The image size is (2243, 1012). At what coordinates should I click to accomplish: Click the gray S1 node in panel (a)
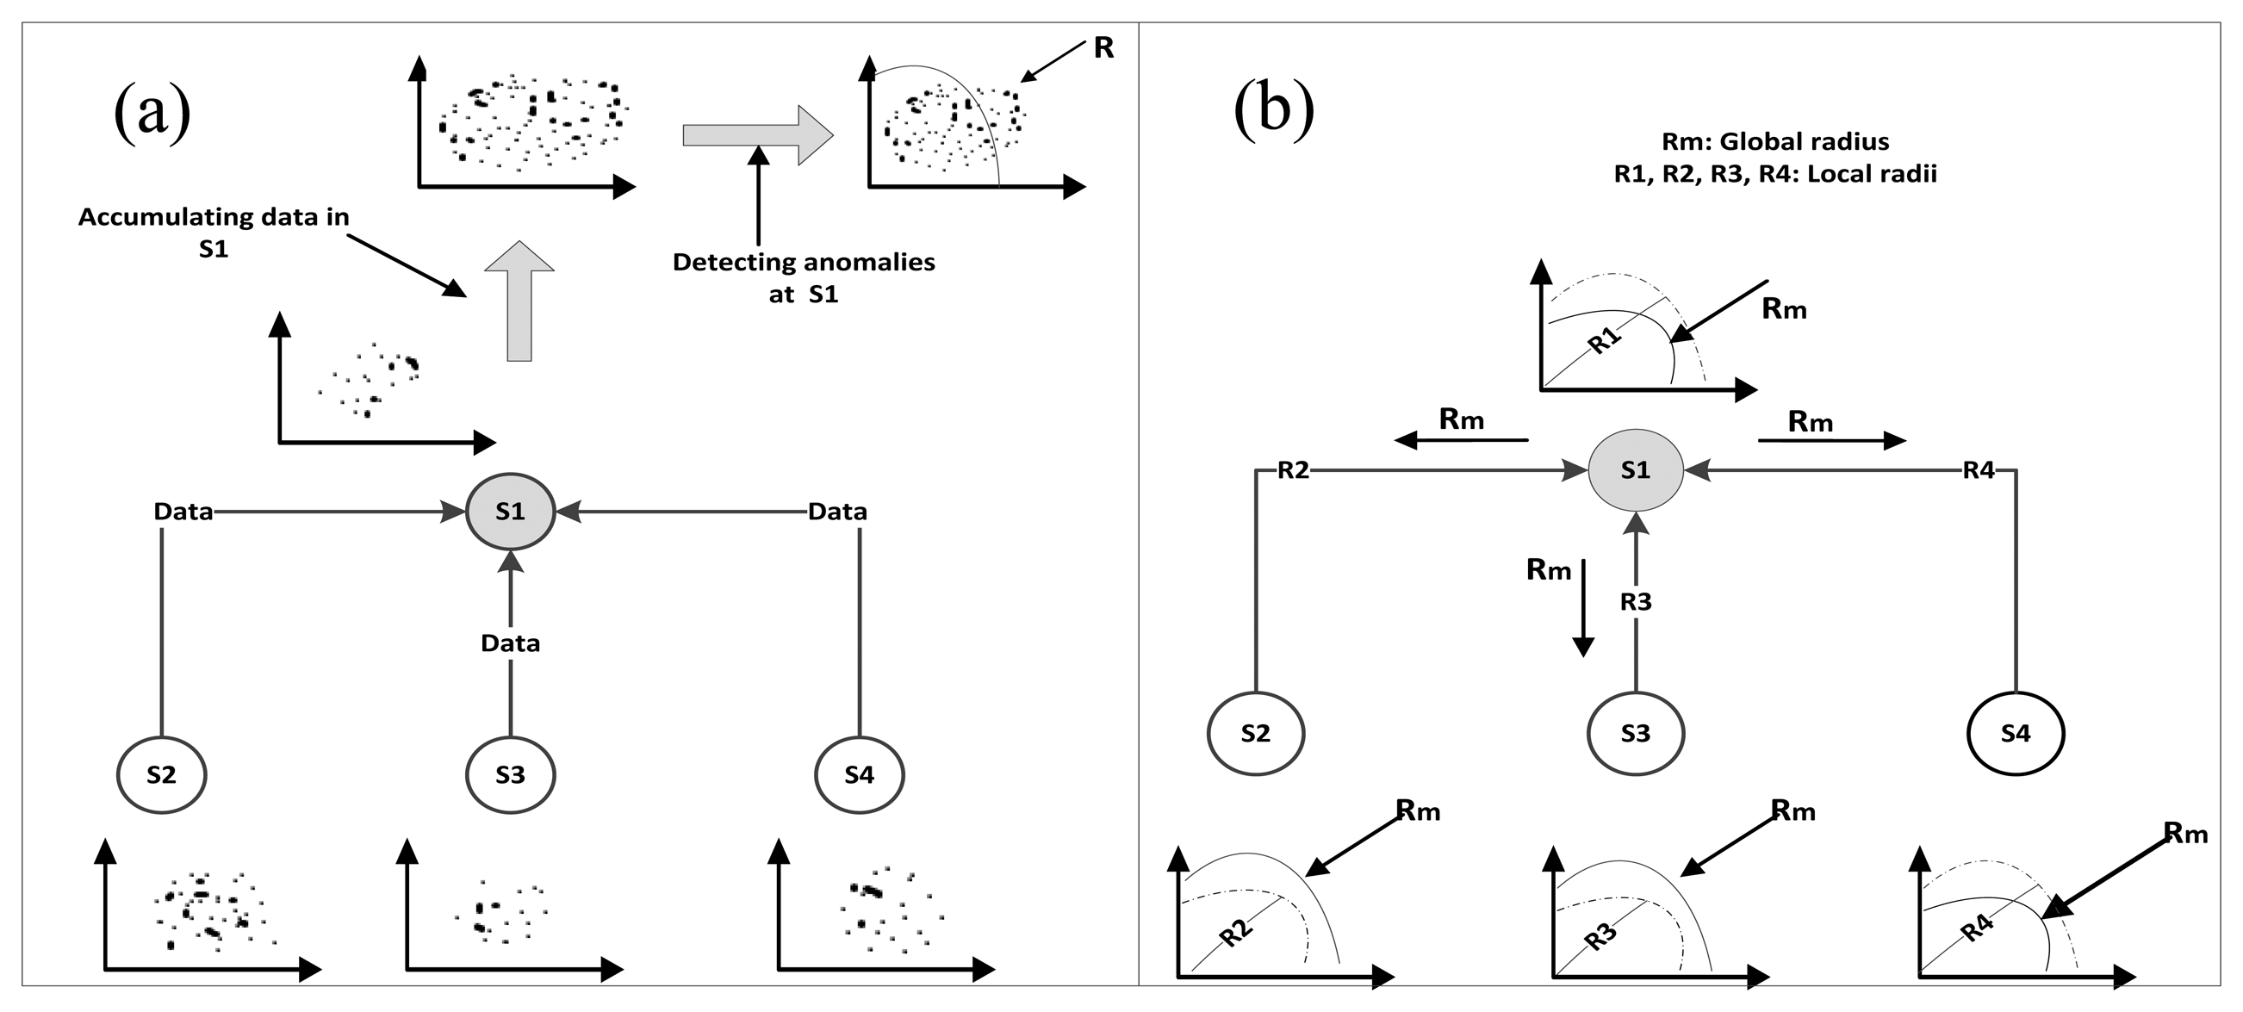pyautogui.click(x=510, y=512)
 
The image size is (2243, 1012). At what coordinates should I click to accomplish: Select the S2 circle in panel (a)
pyautogui.click(x=161, y=774)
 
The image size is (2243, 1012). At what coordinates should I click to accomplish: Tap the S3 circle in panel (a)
pyautogui.click(x=510, y=774)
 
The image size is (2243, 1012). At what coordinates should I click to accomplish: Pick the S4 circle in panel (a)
pyautogui.click(x=860, y=774)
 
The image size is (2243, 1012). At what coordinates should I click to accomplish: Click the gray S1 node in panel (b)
pyautogui.click(x=1635, y=470)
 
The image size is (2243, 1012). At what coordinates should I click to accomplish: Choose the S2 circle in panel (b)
pyautogui.click(x=1256, y=733)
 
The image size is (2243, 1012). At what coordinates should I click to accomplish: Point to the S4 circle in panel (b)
pyautogui.click(x=2016, y=733)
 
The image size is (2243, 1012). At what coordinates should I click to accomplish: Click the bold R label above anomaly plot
pyautogui.click(x=1103, y=48)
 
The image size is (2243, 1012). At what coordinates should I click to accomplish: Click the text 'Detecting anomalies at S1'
pyautogui.click(x=804, y=278)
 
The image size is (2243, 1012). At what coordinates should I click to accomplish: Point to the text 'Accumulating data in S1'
pyautogui.click(x=214, y=232)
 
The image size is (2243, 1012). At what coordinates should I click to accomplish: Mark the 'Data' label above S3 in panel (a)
pyautogui.click(x=510, y=643)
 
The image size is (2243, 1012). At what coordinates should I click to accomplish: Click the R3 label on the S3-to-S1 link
pyautogui.click(x=1635, y=601)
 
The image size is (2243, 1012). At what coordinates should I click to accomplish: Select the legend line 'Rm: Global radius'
pyautogui.click(x=1775, y=141)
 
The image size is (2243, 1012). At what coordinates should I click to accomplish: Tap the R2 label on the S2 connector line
pyautogui.click(x=1293, y=470)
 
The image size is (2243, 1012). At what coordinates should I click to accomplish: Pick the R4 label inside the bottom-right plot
pyautogui.click(x=1977, y=928)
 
